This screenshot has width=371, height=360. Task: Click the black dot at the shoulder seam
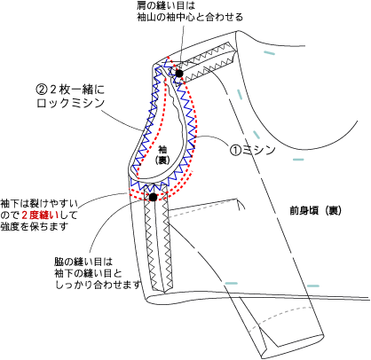click(178, 73)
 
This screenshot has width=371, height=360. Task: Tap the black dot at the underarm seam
click(153, 197)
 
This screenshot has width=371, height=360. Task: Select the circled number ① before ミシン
click(236, 150)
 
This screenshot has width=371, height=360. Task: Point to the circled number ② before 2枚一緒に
click(42, 89)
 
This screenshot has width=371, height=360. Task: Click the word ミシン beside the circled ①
click(259, 150)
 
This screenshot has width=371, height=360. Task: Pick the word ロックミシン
click(71, 103)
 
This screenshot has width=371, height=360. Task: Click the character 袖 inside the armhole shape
click(162, 149)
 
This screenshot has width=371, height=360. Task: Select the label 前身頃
click(304, 211)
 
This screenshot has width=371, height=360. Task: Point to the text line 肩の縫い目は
click(166, 5)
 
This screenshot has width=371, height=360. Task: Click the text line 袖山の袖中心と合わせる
click(190, 17)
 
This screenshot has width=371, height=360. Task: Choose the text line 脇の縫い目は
click(83, 262)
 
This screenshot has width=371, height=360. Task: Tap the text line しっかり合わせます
click(98, 285)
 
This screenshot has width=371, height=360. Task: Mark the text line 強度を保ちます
click(35, 226)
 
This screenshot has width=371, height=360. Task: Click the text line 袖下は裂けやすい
click(39, 204)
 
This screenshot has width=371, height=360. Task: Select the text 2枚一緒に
click(77, 89)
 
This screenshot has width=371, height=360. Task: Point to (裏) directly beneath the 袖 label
click(162, 160)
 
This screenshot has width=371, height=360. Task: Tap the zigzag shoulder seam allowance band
click(207, 61)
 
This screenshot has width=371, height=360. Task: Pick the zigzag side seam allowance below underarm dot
click(158, 242)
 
